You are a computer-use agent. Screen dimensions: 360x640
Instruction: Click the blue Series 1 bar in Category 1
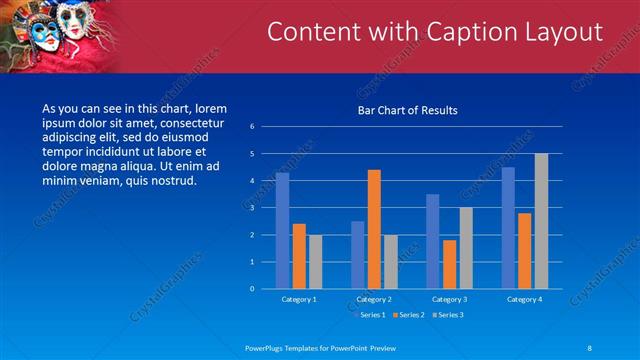click(282, 231)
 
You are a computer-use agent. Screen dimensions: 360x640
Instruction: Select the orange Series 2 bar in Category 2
click(374, 229)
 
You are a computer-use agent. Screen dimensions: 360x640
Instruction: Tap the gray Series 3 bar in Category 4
click(541, 221)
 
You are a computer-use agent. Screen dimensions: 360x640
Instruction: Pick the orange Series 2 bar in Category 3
click(449, 264)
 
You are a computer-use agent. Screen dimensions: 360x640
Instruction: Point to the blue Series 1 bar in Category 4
click(508, 228)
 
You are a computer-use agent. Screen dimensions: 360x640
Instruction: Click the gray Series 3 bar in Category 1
click(315, 262)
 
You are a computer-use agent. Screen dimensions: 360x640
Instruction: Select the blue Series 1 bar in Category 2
click(357, 255)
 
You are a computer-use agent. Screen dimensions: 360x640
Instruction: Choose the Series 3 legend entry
click(448, 315)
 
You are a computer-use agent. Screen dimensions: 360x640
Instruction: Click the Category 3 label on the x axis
click(449, 299)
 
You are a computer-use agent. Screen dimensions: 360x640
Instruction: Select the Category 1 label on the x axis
click(299, 299)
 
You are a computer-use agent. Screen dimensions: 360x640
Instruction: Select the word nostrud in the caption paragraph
click(173, 181)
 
